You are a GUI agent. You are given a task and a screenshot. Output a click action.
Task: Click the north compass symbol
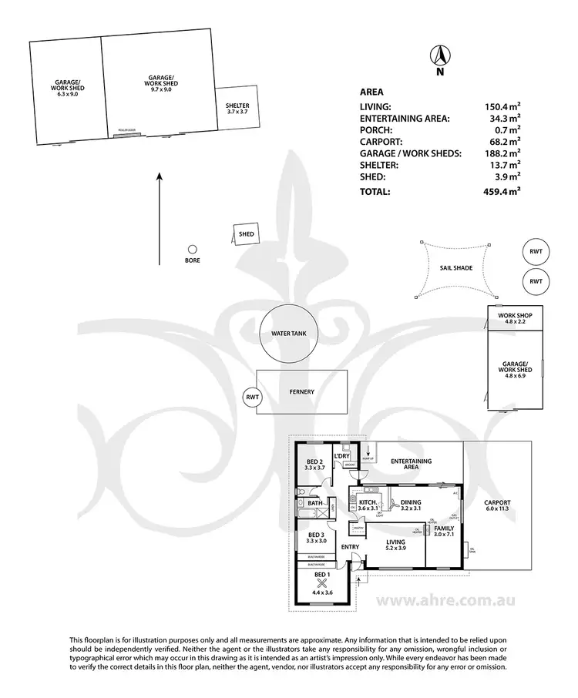(x=440, y=57)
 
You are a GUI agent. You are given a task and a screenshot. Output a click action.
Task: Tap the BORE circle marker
(x=193, y=249)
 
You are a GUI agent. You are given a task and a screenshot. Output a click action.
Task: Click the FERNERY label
(x=302, y=392)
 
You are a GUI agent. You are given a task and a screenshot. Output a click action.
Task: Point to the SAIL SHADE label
(x=456, y=268)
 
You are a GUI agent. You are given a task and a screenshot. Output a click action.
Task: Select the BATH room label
(x=314, y=503)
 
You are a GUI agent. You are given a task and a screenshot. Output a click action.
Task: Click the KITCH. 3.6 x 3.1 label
(x=368, y=505)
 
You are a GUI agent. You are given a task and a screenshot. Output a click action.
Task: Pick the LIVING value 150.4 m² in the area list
(x=501, y=108)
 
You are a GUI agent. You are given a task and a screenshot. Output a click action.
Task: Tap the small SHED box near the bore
(x=246, y=234)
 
